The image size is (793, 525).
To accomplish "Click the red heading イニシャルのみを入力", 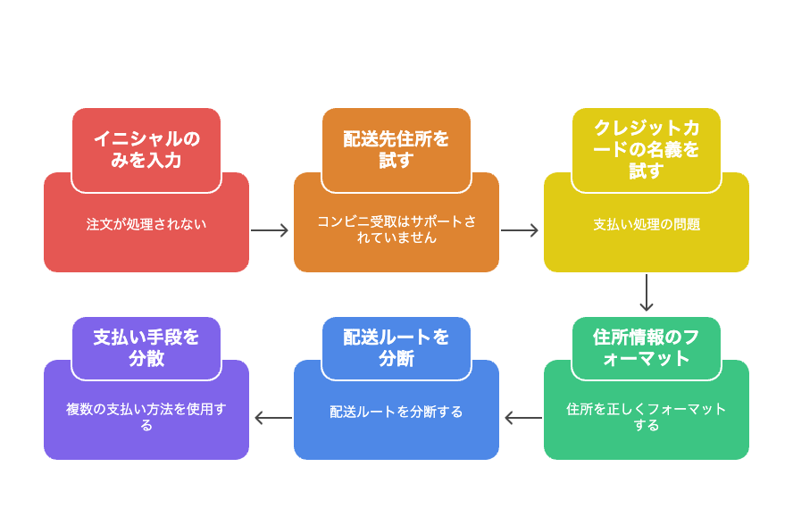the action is click(146, 149).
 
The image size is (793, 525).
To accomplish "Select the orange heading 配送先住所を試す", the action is click(396, 149).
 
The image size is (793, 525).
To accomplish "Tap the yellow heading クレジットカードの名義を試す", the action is click(647, 149).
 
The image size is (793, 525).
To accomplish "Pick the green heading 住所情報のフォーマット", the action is click(647, 347).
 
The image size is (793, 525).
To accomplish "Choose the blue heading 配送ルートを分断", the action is click(396, 347).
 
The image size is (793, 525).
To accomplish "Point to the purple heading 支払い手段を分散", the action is click(146, 347).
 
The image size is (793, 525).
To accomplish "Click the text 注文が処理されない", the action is click(146, 224).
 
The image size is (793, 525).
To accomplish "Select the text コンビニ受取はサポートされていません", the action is click(396, 229).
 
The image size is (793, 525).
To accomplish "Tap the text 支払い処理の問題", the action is click(647, 224).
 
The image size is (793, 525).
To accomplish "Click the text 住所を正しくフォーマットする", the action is click(647, 417).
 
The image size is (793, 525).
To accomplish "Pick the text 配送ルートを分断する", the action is click(396, 412).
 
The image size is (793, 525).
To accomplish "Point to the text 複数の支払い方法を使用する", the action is click(146, 417).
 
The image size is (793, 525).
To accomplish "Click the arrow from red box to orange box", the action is click(270, 230).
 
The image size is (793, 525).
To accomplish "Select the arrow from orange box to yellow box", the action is click(520, 230).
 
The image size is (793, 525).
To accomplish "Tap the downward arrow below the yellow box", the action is click(647, 293).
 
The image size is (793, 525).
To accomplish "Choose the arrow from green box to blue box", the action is click(523, 418).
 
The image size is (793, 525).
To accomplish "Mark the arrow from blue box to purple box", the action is click(273, 418).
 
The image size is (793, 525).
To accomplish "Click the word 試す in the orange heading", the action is click(396, 161).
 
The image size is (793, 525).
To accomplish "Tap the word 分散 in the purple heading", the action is click(146, 359).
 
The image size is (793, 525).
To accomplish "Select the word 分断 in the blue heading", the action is click(396, 359).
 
